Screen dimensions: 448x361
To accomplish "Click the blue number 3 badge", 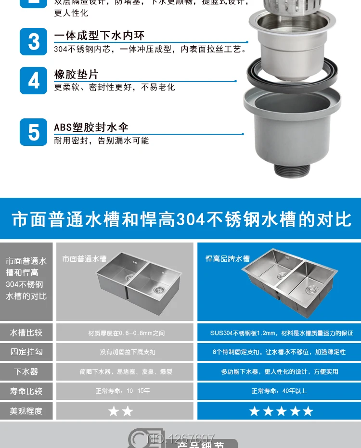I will [x=34, y=41].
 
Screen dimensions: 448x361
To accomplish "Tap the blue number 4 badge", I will [x=34, y=80].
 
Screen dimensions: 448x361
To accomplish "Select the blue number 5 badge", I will [x=34, y=132].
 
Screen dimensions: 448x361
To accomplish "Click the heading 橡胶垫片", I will [x=76, y=75].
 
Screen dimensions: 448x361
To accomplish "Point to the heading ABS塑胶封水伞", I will [x=91, y=128].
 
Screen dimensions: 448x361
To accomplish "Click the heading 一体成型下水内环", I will [x=99, y=36].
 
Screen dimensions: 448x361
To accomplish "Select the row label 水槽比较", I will [x=26, y=333].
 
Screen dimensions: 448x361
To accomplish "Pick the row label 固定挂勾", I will [x=26, y=352].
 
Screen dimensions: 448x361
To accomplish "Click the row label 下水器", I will [x=26, y=371].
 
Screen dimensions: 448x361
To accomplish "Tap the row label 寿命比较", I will [x=26, y=391].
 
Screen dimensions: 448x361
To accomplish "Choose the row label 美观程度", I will [x=26, y=411].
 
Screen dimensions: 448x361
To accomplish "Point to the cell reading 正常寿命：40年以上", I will [x=279, y=391].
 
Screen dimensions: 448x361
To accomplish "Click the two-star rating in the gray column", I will [x=120, y=411].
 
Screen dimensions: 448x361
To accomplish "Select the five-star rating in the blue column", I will [x=281, y=411].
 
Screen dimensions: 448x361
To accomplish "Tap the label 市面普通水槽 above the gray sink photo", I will [x=84, y=259].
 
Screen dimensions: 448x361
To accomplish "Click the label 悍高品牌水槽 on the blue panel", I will [x=228, y=259].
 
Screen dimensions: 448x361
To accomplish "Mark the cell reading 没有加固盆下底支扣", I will [x=128, y=352].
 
